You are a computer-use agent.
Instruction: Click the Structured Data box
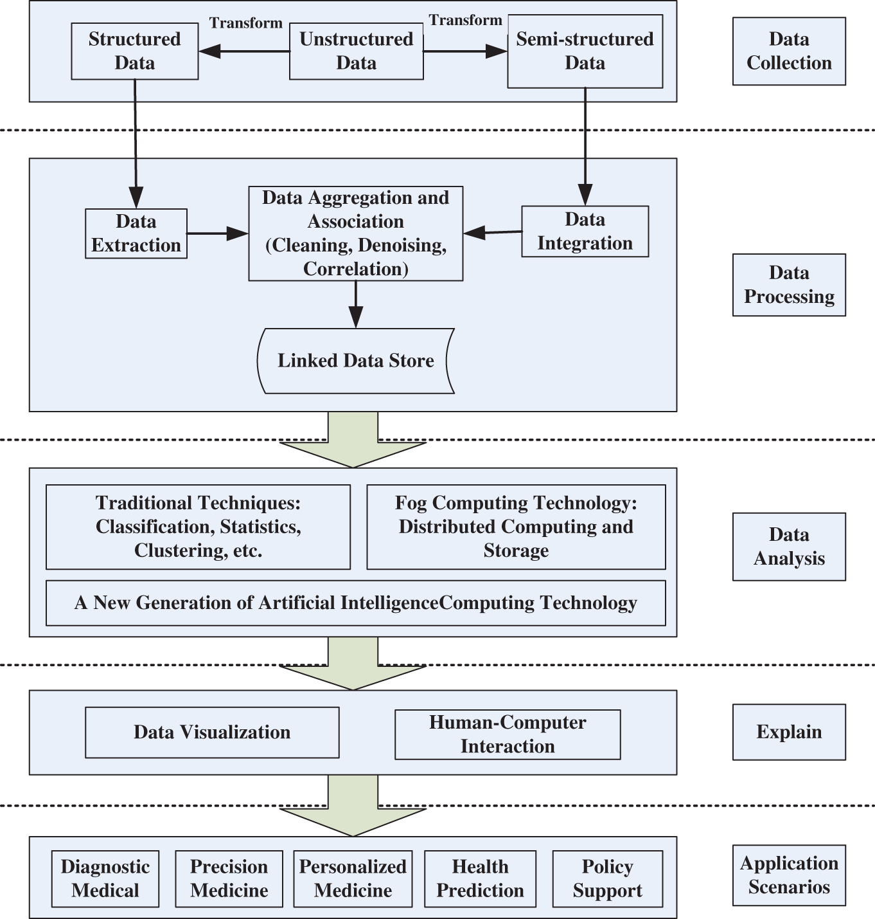pos(134,51)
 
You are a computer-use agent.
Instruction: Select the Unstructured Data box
pos(356,51)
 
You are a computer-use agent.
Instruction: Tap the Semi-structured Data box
pos(585,51)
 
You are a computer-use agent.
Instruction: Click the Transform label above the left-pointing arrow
pos(245,23)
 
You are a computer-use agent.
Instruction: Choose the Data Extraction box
pos(136,233)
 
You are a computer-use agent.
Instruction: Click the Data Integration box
pos(585,232)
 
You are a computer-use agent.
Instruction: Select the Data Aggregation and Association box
pos(355,233)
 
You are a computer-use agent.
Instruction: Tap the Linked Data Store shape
pos(355,361)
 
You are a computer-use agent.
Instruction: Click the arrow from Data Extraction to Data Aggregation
pos(217,233)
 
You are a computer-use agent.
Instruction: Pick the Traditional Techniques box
pos(198,527)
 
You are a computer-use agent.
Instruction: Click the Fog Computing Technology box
pos(516,527)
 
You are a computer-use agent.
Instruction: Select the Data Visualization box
pos(212,732)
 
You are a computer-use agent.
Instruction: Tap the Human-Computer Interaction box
pos(508,734)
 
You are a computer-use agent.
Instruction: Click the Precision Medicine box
pos(229,878)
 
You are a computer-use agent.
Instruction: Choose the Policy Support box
pos(607,878)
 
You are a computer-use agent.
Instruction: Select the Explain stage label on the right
pos(789,732)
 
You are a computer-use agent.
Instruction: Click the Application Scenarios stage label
pos(789,875)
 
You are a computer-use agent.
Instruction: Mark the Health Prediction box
pos(480,878)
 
